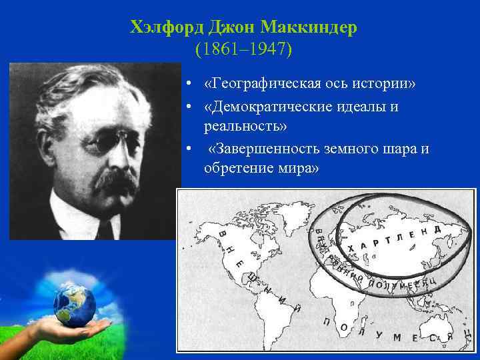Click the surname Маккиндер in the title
click(x=309, y=28)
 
